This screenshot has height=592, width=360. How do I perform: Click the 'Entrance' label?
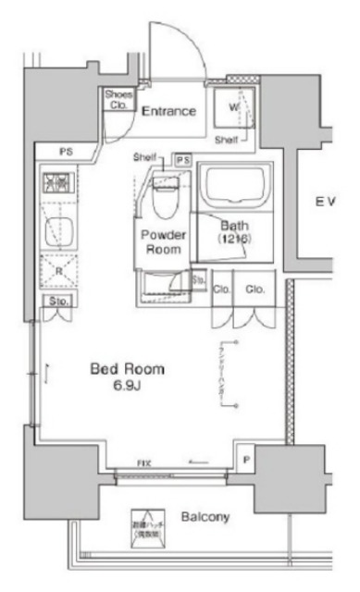point(168,111)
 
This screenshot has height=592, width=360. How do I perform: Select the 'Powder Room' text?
point(164,242)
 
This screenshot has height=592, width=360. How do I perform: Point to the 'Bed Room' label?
point(127,370)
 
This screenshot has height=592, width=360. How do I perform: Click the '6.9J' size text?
point(127,386)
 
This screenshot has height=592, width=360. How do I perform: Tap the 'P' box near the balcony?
point(245,458)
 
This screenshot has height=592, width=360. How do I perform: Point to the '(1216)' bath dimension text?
point(231,240)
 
